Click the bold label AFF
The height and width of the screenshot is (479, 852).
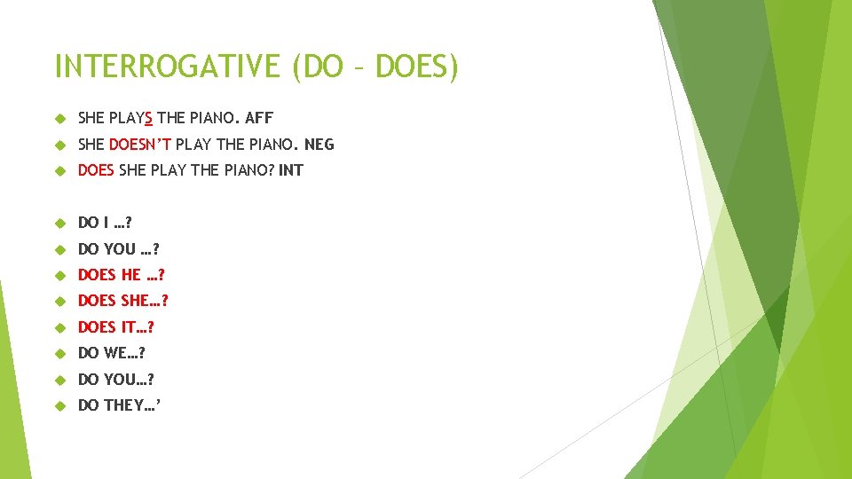pyautogui.click(x=259, y=118)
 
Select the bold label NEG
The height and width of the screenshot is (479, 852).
pyautogui.click(x=319, y=144)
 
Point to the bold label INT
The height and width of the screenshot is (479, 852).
pyautogui.click(x=290, y=170)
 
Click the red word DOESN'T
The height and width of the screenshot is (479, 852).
pyautogui.click(x=139, y=144)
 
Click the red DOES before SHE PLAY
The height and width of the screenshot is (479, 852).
pyautogui.click(x=96, y=170)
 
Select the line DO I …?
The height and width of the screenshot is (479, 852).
pyautogui.click(x=105, y=223)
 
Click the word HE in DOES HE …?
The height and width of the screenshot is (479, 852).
pyautogui.click(x=130, y=275)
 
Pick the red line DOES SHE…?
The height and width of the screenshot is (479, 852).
pyautogui.click(x=122, y=302)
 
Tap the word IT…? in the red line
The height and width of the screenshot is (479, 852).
pyautogui.click(x=138, y=327)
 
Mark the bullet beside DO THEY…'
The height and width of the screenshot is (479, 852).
pyautogui.click(x=60, y=405)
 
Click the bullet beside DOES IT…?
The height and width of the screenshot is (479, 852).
pyautogui.click(x=60, y=327)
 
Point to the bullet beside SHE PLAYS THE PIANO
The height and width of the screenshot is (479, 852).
pyautogui.click(x=60, y=118)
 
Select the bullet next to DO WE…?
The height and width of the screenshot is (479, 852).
pyautogui.click(x=60, y=353)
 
